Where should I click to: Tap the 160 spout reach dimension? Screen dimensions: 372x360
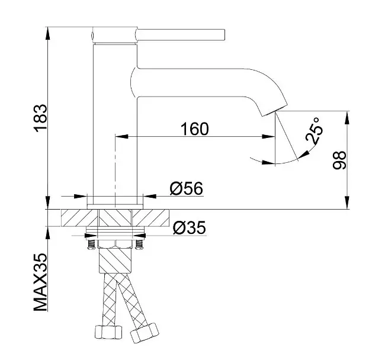click(194, 128)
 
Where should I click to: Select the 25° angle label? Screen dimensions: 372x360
click(314, 130)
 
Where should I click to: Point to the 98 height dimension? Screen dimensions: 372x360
click(339, 160)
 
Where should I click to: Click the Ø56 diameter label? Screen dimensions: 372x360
click(187, 188)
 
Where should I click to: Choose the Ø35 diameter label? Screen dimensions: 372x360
click(190, 228)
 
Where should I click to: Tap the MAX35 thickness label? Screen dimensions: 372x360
click(40, 282)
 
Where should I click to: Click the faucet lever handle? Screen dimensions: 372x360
click(180, 35)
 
